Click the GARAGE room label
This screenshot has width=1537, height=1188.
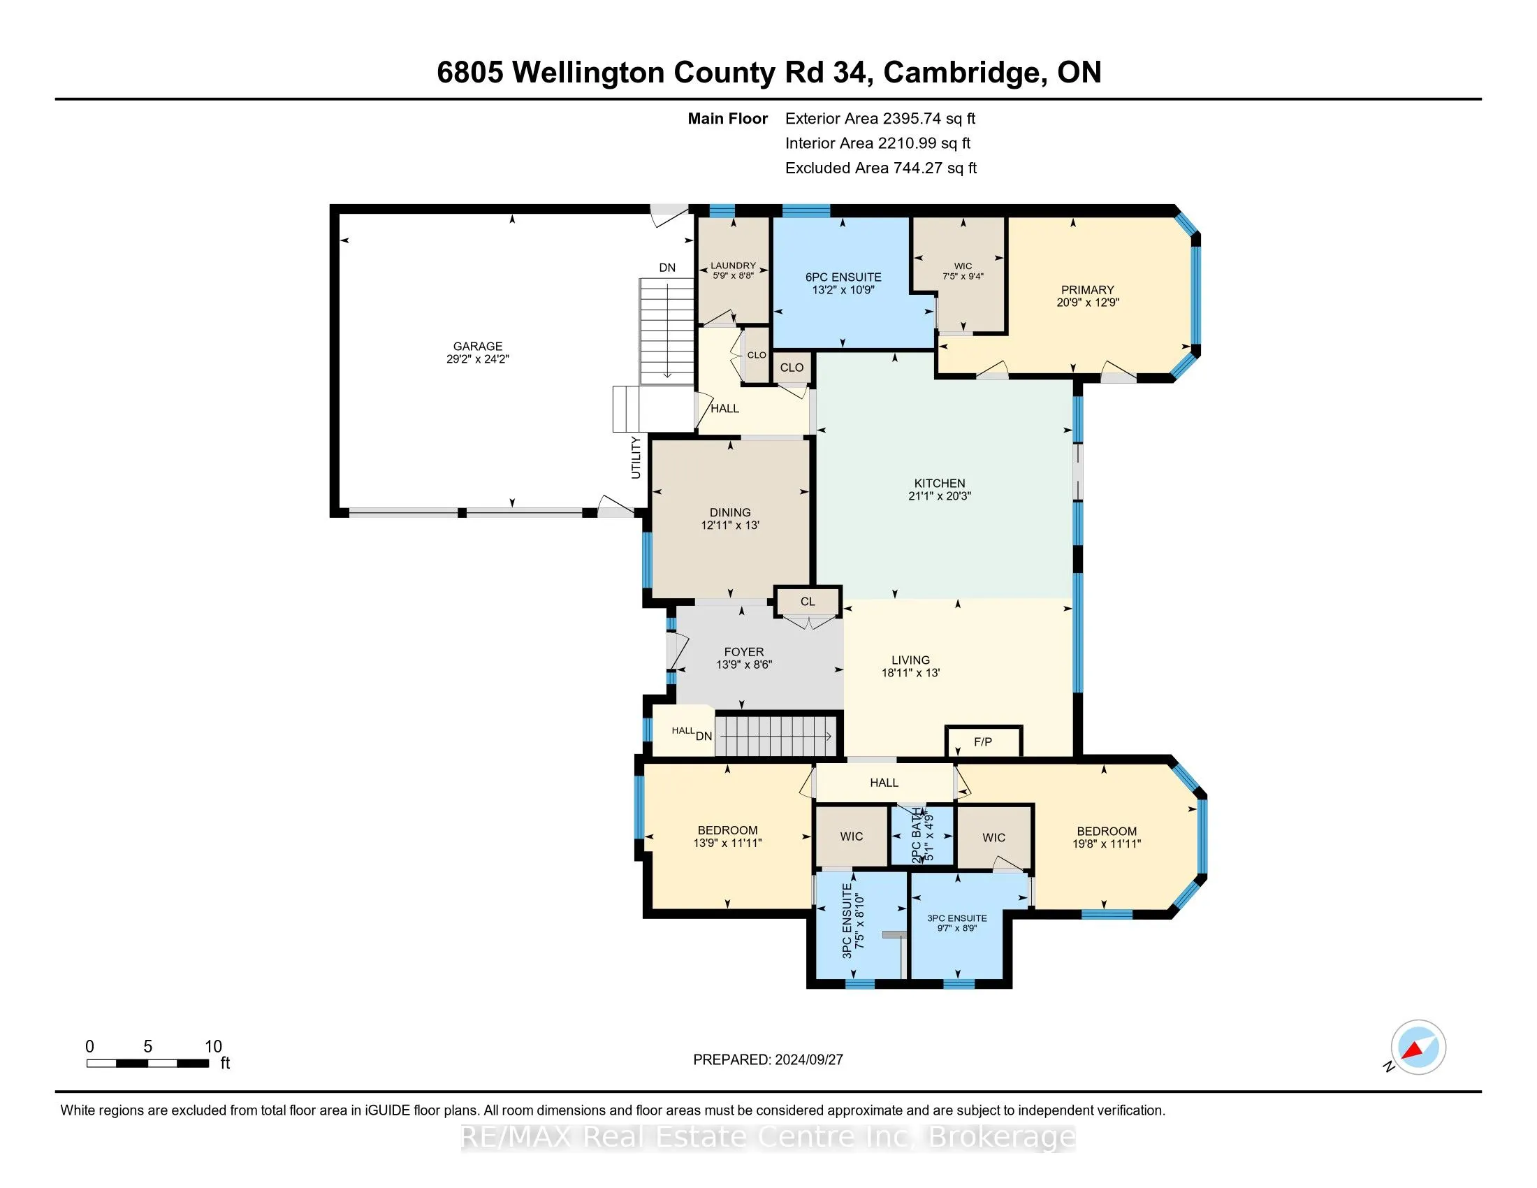point(477,352)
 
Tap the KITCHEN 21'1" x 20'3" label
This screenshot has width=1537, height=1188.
point(939,489)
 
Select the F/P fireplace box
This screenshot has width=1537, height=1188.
point(982,741)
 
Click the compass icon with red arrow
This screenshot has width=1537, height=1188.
point(1418,1047)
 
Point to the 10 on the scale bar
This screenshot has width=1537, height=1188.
point(213,1047)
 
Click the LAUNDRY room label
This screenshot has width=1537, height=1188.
point(733,270)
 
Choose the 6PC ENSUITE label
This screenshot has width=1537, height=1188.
point(843,283)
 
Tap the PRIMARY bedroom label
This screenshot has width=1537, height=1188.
point(1087,296)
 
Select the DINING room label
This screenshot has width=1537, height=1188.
point(730,518)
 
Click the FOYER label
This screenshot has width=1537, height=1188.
point(744,658)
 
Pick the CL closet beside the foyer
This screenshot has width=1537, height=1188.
point(807,602)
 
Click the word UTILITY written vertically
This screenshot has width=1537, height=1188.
point(636,458)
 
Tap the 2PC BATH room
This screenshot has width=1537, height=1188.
point(922,835)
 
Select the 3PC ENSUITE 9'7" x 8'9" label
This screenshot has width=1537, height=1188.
point(956,922)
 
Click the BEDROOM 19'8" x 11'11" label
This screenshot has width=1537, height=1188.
point(1107,836)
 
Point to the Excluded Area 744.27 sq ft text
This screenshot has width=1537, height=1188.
point(880,168)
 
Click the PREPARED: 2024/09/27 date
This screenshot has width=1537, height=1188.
point(768,1060)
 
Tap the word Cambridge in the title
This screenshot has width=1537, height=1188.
point(962,73)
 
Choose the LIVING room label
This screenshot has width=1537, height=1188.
point(910,666)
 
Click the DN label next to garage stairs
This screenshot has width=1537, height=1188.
point(666,268)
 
